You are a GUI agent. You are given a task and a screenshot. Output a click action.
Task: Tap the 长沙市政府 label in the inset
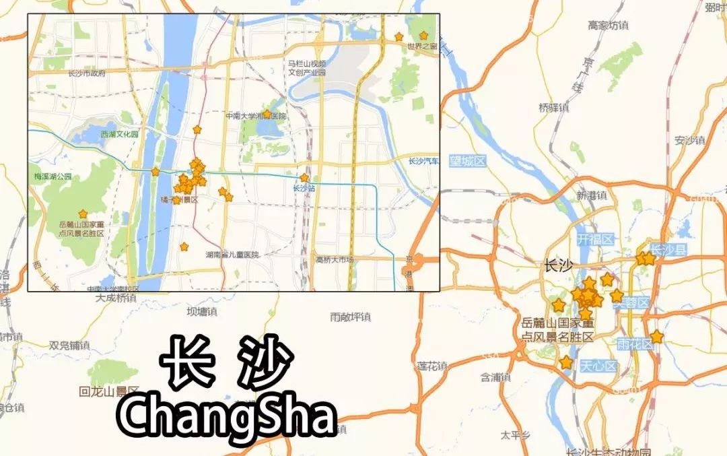88,73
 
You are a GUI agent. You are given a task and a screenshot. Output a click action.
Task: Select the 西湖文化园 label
119,134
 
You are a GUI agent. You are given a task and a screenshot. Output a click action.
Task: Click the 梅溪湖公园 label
53,176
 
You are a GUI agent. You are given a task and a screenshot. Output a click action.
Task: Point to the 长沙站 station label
304,189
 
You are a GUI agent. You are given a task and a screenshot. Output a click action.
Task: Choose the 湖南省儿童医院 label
232,255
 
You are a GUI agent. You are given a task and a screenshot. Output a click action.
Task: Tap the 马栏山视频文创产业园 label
307,67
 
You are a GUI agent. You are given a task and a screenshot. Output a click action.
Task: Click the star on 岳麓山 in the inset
83,213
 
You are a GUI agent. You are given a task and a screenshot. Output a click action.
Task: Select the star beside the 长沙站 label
304,178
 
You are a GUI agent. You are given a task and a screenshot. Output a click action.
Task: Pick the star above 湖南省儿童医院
184,247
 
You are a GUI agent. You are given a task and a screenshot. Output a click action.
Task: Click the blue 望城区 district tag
468,160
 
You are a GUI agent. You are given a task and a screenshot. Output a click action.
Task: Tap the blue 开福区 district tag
595,239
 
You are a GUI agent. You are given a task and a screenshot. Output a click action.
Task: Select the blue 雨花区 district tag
635,344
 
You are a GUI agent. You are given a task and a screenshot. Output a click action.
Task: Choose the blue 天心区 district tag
598,366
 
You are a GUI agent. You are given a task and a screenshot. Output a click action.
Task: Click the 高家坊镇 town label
608,26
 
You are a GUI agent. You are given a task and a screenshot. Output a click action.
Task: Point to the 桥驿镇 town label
553,107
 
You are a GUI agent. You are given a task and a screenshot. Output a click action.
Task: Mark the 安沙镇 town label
689,140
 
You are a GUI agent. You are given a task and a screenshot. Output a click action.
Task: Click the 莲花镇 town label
432,366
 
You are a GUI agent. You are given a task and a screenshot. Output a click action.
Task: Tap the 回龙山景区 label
108,391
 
